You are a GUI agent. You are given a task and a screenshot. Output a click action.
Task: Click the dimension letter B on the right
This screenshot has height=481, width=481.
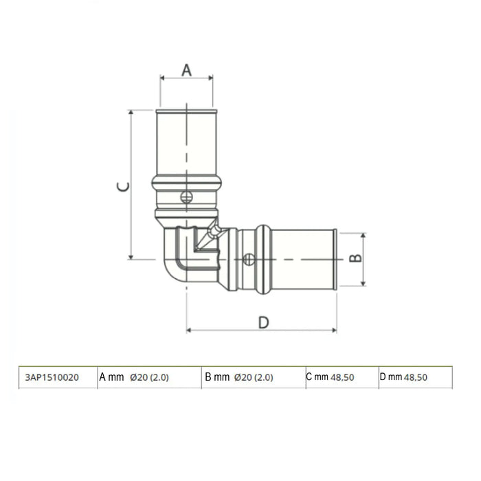coord(355,258)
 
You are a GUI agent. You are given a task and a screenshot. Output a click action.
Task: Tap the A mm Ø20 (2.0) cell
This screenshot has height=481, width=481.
coord(135,377)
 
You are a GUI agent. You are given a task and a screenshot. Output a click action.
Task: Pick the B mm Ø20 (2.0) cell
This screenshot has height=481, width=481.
coord(239,377)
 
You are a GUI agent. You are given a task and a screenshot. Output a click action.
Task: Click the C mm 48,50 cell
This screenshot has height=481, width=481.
coord(330,377)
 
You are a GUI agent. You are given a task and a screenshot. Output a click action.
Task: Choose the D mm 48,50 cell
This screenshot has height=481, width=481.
coord(404,377)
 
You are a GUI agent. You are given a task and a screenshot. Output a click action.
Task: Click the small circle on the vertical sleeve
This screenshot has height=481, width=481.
coord(186,198)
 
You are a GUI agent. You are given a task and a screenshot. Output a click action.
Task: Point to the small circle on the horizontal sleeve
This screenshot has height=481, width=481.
coord(249,259)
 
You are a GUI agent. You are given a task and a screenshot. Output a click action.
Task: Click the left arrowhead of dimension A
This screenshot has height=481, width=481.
coord(162,78)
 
